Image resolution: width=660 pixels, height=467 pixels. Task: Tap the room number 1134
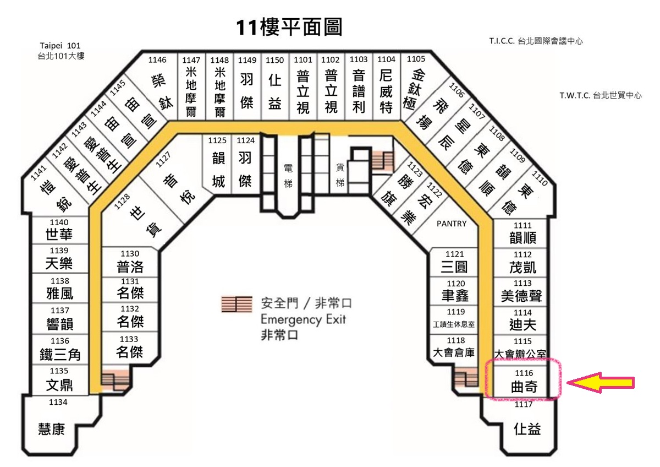pos(58,402)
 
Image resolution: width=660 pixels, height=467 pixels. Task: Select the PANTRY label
pos(452,224)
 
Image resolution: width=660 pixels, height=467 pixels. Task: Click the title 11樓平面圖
pos(289,27)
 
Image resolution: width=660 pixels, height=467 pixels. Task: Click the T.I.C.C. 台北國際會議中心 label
pos(536,41)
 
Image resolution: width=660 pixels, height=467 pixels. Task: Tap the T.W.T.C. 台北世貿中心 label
pos(601,95)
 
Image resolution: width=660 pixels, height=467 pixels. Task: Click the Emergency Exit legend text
pos(303,319)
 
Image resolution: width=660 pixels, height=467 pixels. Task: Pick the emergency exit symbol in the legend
pos(237,304)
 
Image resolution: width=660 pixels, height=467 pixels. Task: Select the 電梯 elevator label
pos(288,176)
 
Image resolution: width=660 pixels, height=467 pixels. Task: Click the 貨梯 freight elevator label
pos(340,175)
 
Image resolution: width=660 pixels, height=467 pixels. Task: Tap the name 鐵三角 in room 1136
pos(60,355)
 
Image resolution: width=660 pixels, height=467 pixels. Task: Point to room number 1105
pos(416,59)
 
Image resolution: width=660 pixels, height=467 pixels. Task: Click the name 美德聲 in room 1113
pos(522,296)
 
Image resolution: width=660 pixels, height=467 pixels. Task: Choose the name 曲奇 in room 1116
pos(524,387)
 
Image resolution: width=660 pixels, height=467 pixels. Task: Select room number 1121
pos(455,254)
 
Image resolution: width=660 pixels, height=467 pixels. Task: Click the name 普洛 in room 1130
pos(130,267)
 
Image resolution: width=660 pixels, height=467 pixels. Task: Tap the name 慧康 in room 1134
pos(52,429)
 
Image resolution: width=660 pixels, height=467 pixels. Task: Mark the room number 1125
pos(217,140)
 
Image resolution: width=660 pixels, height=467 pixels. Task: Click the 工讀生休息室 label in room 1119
pos(454,324)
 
